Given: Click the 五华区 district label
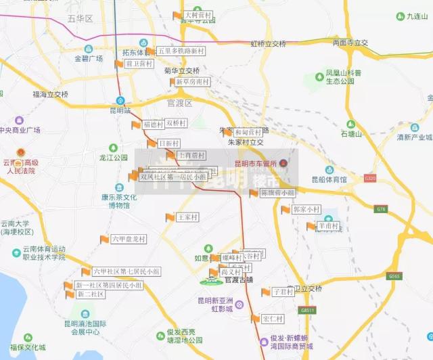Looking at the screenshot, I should click(x=80, y=18).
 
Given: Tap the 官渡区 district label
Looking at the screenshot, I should click(x=180, y=104).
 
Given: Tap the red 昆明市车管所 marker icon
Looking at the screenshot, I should click(x=284, y=163).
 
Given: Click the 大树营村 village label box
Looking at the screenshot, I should click(x=198, y=15).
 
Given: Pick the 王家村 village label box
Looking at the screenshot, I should click(x=187, y=217).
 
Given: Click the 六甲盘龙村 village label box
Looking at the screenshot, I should click(x=129, y=239).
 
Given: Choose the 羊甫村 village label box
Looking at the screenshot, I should click(x=329, y=226).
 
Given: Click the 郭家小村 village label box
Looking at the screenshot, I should click(x=306, y=210).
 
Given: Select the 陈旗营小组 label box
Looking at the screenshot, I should click(x=277, y=193).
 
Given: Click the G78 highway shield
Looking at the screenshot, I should click(x=381, y=209).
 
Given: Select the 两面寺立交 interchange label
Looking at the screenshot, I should click(x=350, y=43).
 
